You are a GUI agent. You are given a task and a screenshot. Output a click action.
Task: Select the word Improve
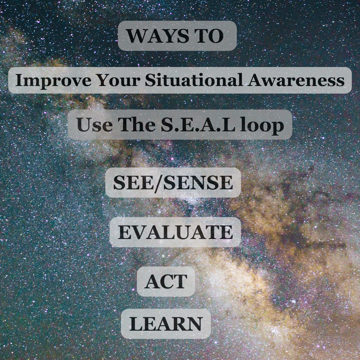[53, 80]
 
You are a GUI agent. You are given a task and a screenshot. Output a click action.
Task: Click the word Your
[118, 80]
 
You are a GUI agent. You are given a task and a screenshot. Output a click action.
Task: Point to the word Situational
[194, 80]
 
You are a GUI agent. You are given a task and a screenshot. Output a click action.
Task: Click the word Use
[95, 124]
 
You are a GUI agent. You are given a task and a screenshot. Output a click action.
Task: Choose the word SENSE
[198, 182]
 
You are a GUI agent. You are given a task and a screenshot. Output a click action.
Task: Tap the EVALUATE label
[175, 232]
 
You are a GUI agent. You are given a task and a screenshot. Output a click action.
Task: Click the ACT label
[166, 281]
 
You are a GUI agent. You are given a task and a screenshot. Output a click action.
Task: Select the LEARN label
[166, 324]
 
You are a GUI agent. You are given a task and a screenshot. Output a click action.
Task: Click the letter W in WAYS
[138, 36]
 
